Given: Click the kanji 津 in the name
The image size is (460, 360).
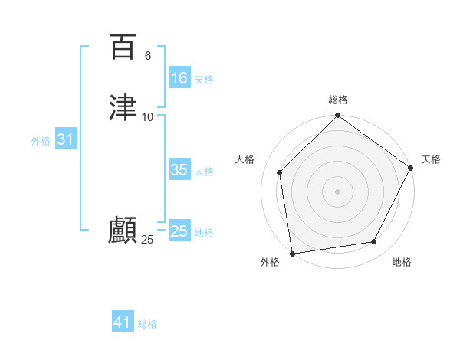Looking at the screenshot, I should click(x=123, y=107).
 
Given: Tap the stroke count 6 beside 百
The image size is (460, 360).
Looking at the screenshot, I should click(x=148, y=56).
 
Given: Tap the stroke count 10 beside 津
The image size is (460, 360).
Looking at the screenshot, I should click(x=148, y=116).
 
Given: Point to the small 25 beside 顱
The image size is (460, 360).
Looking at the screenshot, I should click(x=148, y=240).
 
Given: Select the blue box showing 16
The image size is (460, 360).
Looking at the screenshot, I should click(x=179, y=78).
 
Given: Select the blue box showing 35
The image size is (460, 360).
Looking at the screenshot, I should click(x=179, y=170).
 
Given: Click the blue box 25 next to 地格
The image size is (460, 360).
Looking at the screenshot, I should click(x=179, y=231).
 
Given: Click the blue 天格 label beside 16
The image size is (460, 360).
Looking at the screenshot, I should click(x=204, y=80).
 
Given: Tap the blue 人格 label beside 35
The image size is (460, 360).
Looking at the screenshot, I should click(x=204, y=172).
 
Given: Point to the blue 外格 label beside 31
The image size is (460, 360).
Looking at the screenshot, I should click(x=41, y=141).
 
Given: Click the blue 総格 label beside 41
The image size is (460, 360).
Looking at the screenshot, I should click(x=147, y=324).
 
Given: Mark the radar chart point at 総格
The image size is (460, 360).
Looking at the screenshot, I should click(x=337, y=116).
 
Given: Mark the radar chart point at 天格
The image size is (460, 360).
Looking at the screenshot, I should click(x=411, y=169).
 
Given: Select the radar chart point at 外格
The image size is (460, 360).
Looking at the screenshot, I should click(x=292, y=253).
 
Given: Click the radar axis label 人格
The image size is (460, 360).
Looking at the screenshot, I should click(x=245, y=159).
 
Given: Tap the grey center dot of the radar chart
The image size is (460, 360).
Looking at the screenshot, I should click(x=337, y=191).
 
